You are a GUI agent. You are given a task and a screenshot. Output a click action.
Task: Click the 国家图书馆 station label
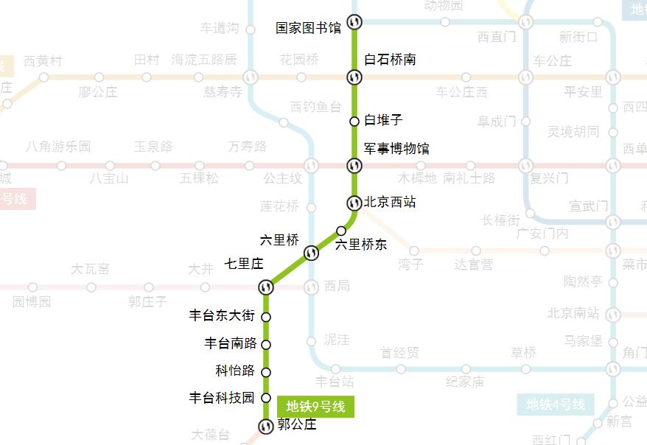click(308, 28)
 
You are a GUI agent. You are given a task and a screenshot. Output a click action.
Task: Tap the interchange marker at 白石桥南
click(354, 76)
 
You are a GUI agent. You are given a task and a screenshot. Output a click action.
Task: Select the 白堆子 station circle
click(354, 121)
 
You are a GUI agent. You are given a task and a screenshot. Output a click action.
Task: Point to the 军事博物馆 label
click(396, 149)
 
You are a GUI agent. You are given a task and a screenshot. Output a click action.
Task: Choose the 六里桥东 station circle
click(341, 231)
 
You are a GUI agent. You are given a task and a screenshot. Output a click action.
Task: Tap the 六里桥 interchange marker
click(311, 253)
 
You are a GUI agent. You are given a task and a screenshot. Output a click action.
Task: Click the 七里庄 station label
click(244, 263)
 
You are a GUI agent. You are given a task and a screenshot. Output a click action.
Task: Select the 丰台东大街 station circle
click(266, 317)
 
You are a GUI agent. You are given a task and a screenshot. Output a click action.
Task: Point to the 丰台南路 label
click(230, 343)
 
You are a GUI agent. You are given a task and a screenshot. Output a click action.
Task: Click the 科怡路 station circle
click(266, 371)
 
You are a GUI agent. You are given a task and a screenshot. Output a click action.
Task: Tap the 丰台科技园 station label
click(222, 398)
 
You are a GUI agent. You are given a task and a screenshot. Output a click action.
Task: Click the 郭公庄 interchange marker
click(266, 426)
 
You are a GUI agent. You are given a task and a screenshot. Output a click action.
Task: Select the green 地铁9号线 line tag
click(315, 406)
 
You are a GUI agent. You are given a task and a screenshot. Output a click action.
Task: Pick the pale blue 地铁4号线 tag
click(555, 404)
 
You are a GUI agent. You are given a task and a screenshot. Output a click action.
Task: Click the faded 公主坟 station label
click(282, 178)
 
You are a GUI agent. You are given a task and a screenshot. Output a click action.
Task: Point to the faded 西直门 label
click(496, 36)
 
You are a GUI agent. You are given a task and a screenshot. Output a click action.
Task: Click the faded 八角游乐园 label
click(58, 147)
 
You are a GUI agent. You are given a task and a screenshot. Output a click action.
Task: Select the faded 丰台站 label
click(335, 382)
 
